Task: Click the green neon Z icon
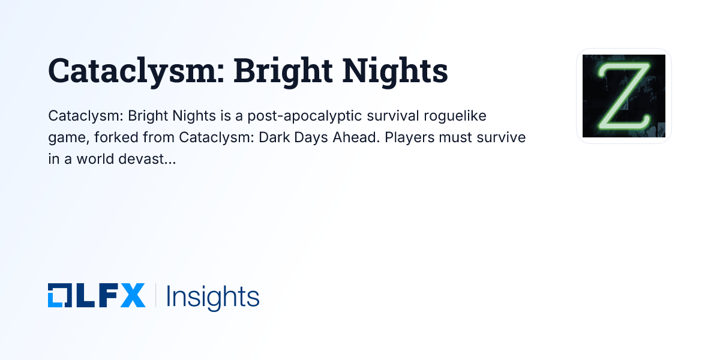(624, 96)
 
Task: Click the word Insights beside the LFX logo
(212, 296)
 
